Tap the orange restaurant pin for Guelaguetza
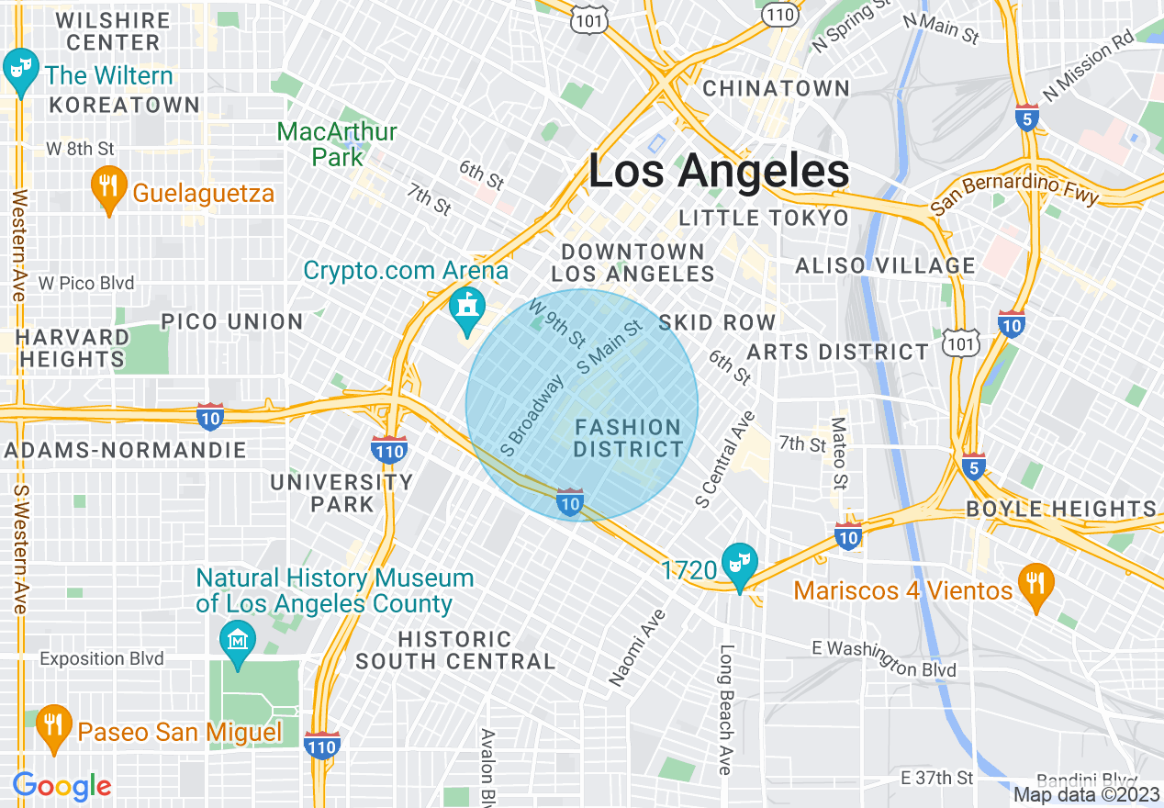point(108,188)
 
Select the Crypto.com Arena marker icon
point(468,309)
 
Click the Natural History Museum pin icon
point(238,638)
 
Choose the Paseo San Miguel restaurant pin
point(54,726)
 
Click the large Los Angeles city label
point(719,172)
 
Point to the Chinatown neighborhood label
point(776,88)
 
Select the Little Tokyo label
point(764,218)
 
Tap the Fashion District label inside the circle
point(628,438)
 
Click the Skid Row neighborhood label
point(717,322)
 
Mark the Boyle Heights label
point(1061,509)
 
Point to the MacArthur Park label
point(337,144)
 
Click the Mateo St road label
point(838,454)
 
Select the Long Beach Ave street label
point(726,709)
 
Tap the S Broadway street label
point(532,417)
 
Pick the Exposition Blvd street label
point(102,658)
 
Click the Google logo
point(62,786)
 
